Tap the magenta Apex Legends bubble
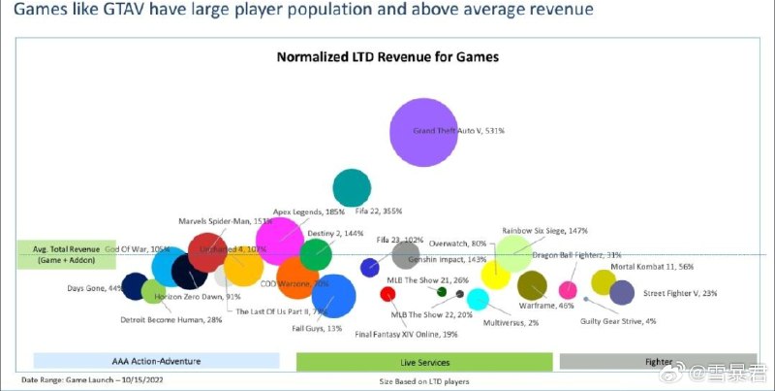click(x=281, y=242)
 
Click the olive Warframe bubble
click(x=533, y=285)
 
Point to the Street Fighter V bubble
click(x=622, y=291)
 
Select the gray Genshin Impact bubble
click(x=405, y=254)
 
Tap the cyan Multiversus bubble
click(x=478, y=298)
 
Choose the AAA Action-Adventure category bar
click(x=157, y=361)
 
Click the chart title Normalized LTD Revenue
click(x=387, y=57)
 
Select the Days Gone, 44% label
click(x=95, y=288)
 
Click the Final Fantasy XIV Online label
click(x=406, y=335)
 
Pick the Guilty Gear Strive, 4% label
click(x=617, y=321)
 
